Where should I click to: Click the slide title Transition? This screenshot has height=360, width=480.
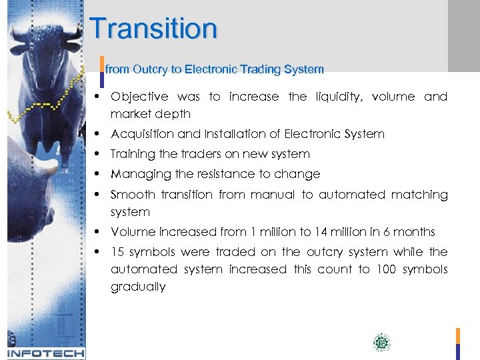[x=153, y=29]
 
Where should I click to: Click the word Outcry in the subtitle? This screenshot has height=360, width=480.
[x=146, y=69]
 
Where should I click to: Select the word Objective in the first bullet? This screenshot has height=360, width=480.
[x=139, y=97]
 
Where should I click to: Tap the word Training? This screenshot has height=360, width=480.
[x=133, y=154]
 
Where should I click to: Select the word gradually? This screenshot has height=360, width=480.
[x=138, y=287]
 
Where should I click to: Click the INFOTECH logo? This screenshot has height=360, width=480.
[x=45, y=353]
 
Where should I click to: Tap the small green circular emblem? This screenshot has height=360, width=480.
[x=381, y=343]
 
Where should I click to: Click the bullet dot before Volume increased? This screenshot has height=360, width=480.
[x=98, y=232]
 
